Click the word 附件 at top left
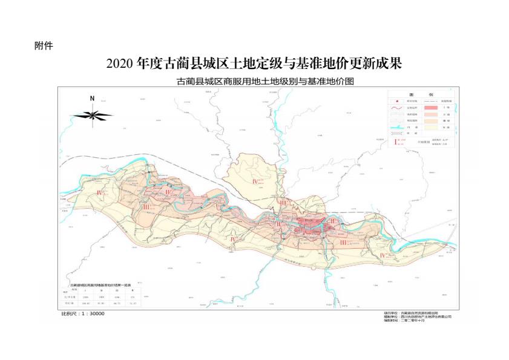point(44,47)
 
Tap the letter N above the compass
point(92,98)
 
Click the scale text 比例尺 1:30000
point(84,315)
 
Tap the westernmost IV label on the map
point(100,192)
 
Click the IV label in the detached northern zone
point(256,181)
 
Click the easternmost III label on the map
point(343,243)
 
